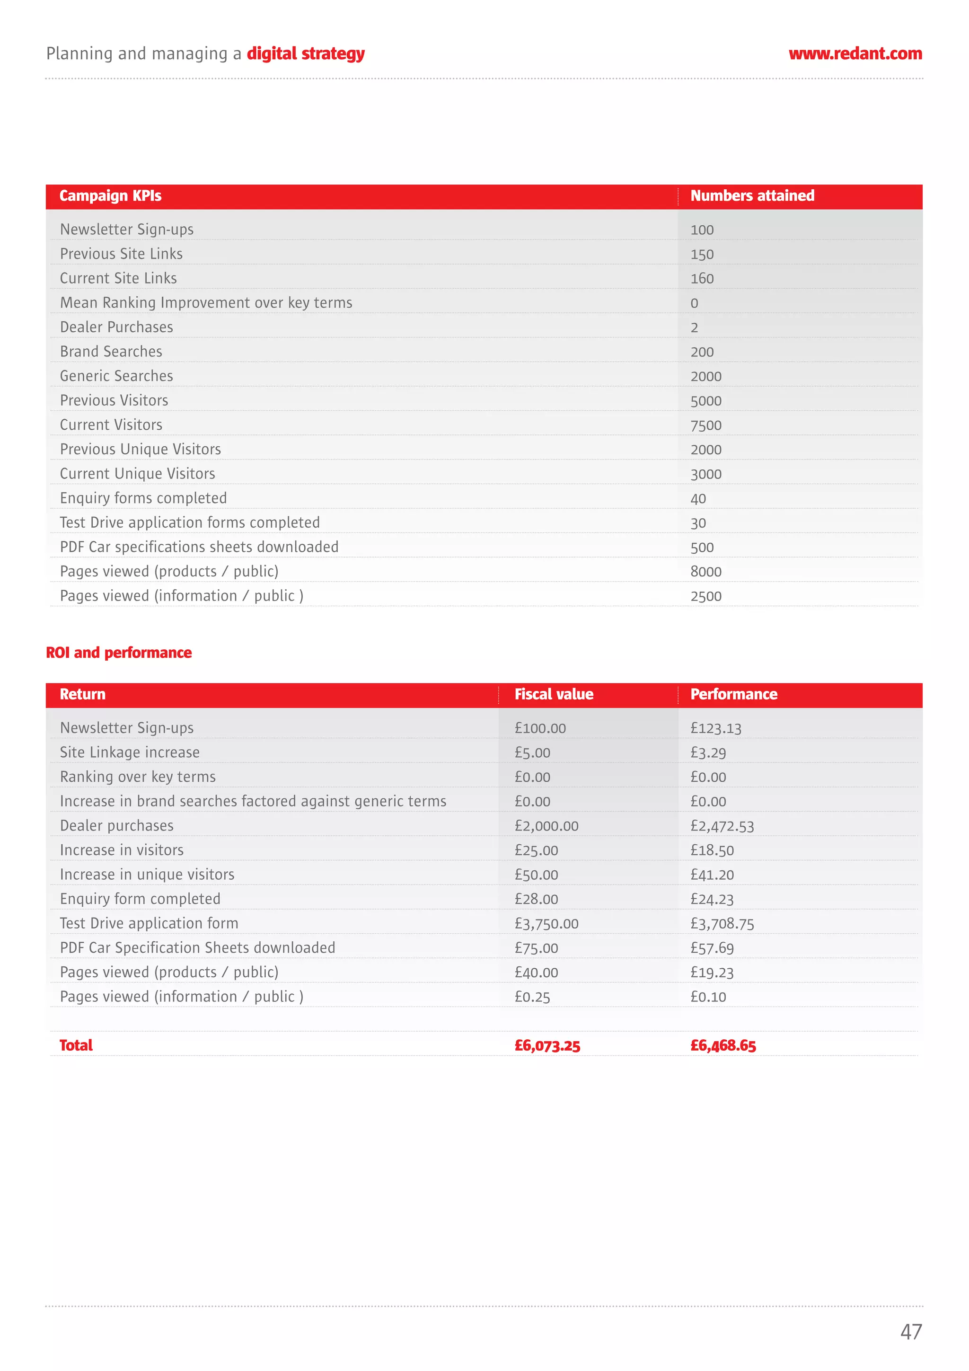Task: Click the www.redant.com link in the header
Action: tap(854, 54)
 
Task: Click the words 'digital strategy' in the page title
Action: tap(305, 54)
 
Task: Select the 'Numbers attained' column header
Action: tap(752, 196)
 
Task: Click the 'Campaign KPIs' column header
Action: tap(110, 196)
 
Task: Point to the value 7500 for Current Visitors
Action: tap(706, 425)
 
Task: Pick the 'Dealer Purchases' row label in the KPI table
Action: tap(116, 327)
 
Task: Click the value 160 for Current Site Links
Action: tap(702, 279)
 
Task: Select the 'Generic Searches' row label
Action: tap(116, 376)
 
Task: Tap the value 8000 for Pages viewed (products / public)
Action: tap(706, 572)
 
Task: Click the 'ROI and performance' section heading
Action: tap(119, 653)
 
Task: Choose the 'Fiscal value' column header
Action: tap(554, 694)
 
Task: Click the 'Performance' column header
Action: tap(733, 694)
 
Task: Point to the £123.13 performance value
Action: tap(715, 728)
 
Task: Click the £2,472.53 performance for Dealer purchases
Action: tap(722, 826)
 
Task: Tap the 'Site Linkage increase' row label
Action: tap(130, 752)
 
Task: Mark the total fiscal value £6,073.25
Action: tap(547, 1045)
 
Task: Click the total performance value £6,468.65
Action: tap(722, 1045)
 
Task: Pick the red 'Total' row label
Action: tap(76, 1045)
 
